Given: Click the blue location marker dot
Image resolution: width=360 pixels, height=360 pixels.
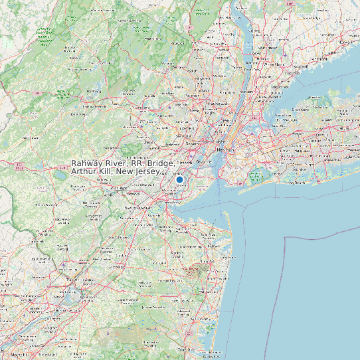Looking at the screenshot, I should coord(179,179).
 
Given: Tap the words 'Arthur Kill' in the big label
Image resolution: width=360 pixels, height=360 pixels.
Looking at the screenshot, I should coord(91,171).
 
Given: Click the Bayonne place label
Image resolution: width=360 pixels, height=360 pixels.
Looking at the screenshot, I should coord(203,161).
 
